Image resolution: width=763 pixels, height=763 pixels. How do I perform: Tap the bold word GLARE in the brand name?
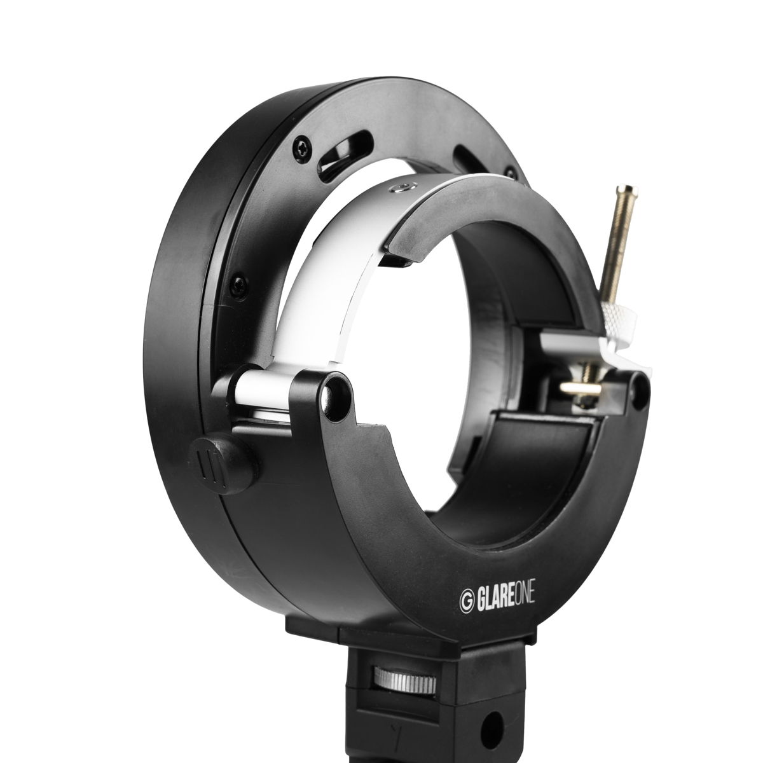495,598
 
